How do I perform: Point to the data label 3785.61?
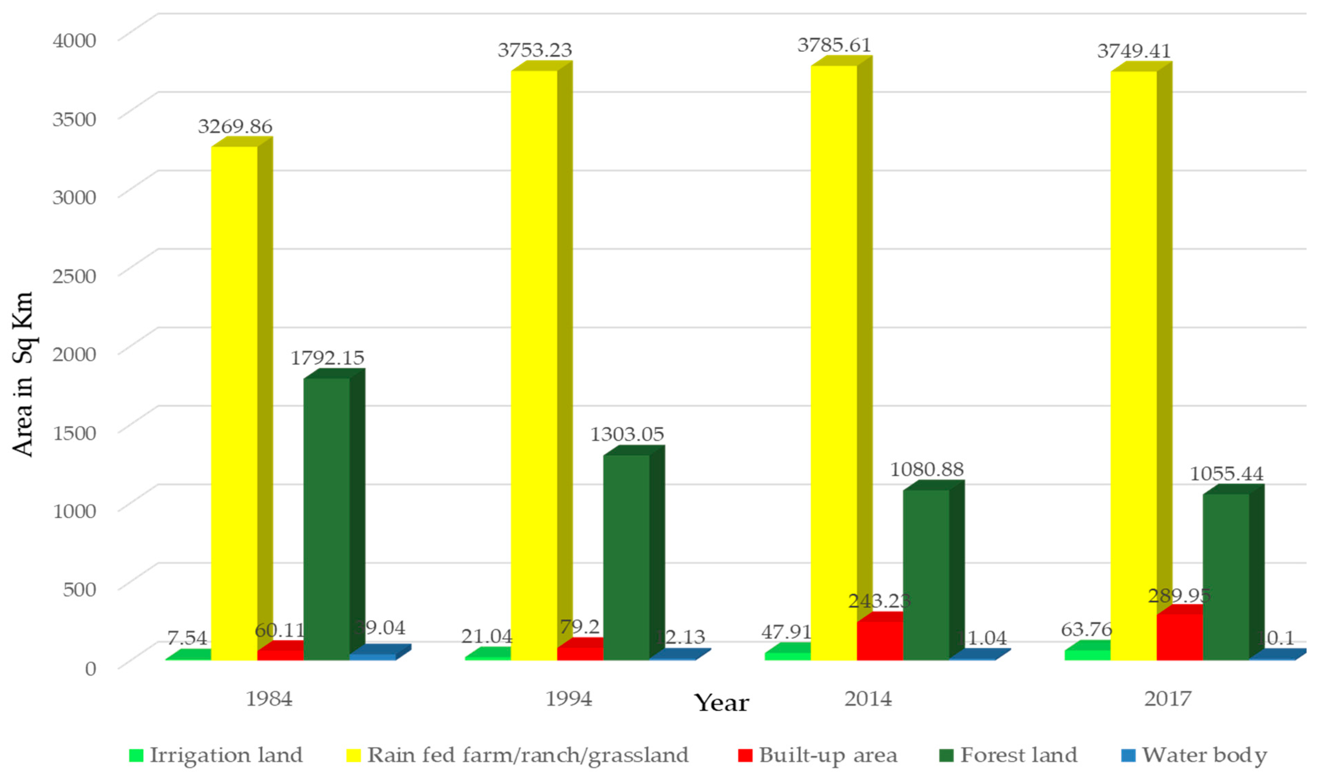[834, 46]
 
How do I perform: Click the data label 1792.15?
[327, 358]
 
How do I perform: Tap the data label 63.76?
[1086, 629]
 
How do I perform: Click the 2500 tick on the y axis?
[74, 276]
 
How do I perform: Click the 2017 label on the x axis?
[1168, 699]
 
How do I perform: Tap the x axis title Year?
[722, 703]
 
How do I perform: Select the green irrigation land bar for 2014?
[788, 655]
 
